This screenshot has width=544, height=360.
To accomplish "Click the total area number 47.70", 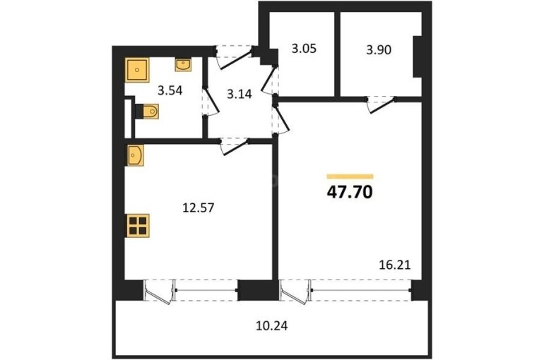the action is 350,192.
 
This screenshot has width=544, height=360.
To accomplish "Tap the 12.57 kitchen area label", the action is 199,208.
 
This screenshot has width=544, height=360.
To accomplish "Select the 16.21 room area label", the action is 395,265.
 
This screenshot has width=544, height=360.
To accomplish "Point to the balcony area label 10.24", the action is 272,326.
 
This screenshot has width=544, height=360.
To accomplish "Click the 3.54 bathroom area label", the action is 170,91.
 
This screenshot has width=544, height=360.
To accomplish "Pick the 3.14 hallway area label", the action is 240,94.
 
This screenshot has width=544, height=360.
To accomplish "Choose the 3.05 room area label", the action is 304,49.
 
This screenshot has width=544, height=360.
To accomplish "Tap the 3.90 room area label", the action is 379,50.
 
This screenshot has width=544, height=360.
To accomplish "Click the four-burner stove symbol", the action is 137,226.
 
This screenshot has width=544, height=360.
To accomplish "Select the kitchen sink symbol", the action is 136,155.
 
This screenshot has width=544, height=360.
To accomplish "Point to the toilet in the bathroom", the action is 147,112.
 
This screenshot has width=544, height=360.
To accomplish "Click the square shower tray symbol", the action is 137,70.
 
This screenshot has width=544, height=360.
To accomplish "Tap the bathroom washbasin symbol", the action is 183,65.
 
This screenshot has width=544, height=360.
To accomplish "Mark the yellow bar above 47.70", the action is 350,176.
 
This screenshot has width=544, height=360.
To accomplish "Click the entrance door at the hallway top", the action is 234,57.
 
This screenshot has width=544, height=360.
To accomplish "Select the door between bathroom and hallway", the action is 210,101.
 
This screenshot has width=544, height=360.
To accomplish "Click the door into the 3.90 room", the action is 381,104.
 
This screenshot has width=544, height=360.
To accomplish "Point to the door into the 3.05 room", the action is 271,80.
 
